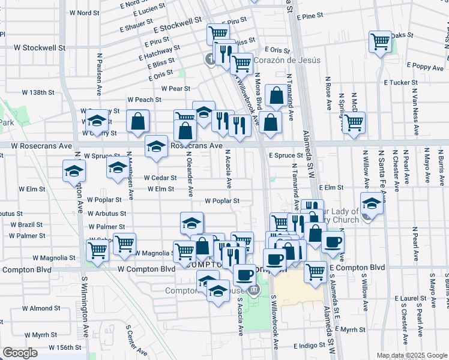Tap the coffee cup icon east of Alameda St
click(333, 242)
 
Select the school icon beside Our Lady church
click(372, 203)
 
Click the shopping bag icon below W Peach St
click(138, 121)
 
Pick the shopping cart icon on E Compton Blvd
click(315, 271)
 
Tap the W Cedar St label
click(160, 178)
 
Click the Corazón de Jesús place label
click(287, 60)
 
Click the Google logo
click(20, 353)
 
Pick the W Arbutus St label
click(106, 213)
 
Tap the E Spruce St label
click(286, 155)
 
